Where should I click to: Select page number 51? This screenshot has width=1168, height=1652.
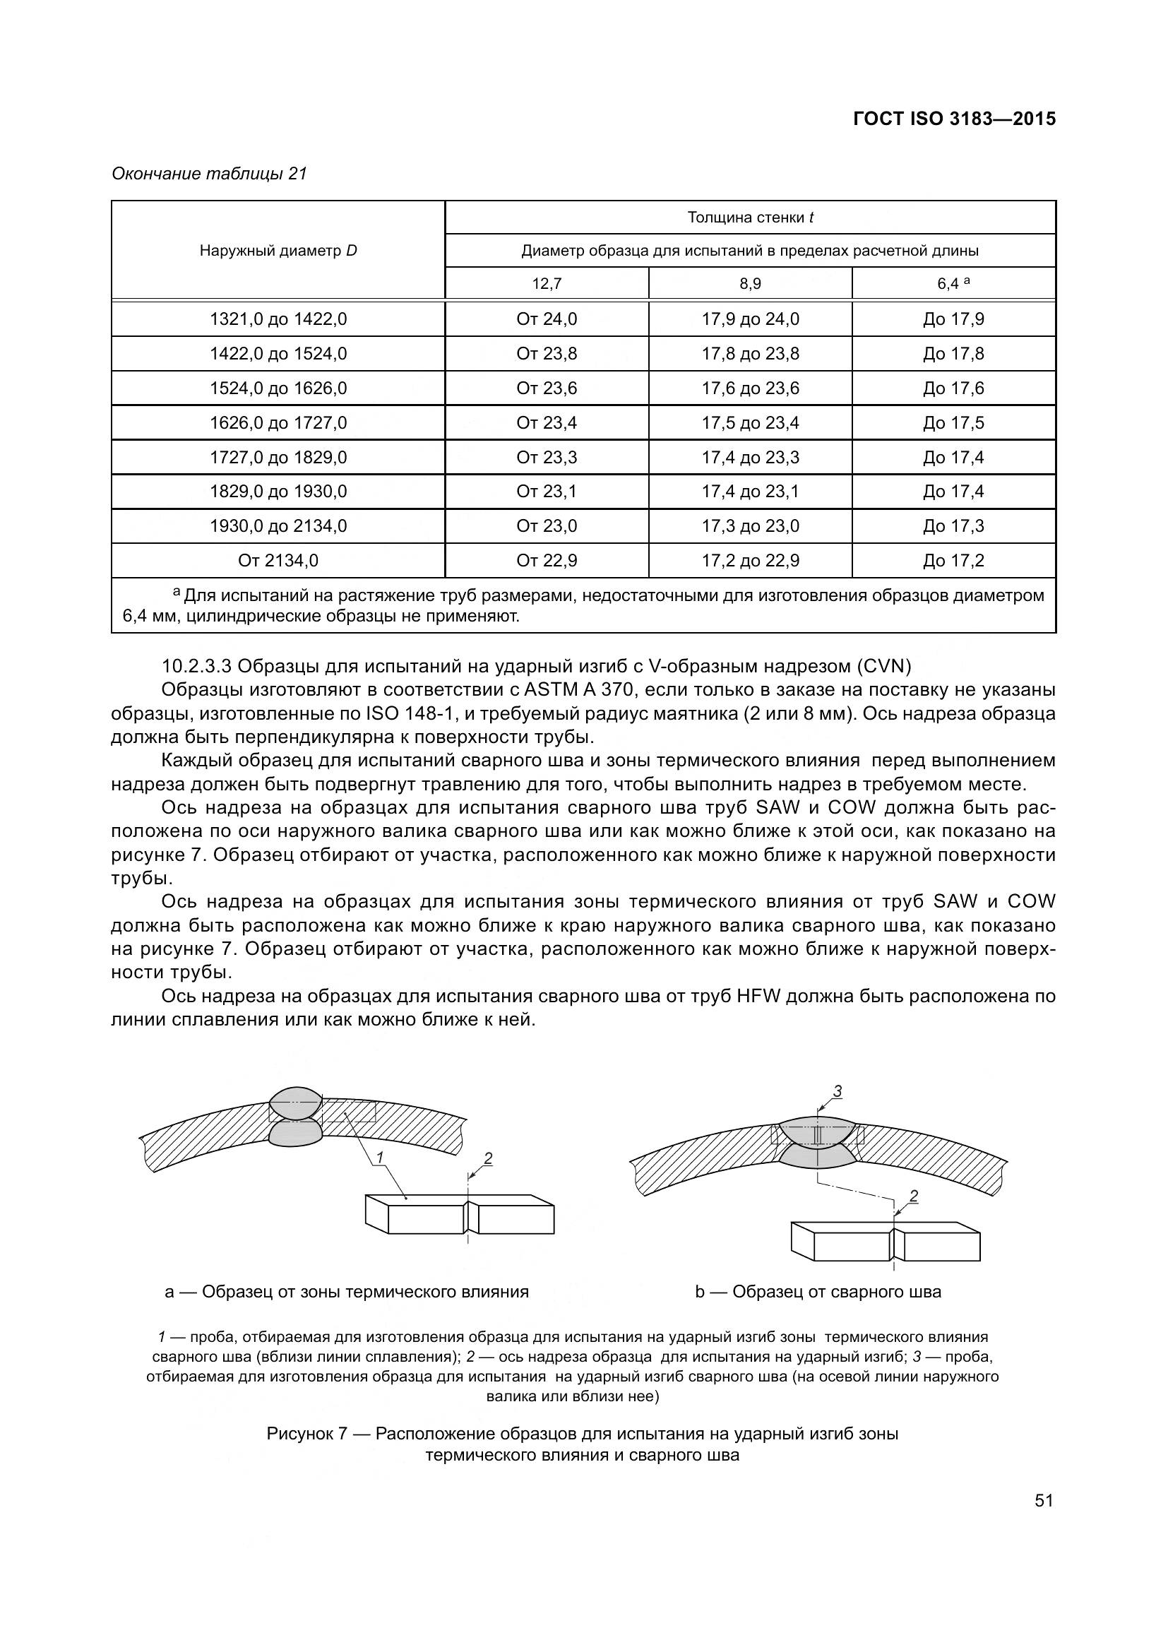(x=1044, y=1500)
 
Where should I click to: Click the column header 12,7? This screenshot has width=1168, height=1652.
(x=547, y=283)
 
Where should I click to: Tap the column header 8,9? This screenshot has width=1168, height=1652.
(x=750, y=283)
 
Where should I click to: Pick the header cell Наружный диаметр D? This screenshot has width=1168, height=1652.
(x=278, y=251)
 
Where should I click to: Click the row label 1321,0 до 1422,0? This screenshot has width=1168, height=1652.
(x=278, y=319)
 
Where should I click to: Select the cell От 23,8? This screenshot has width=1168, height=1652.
(x=547, y=353)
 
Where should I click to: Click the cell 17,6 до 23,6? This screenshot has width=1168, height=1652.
(x=750, y=388)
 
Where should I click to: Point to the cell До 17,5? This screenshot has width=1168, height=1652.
(x=953, y=422)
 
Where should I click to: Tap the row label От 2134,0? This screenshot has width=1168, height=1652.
(x=278, y=561)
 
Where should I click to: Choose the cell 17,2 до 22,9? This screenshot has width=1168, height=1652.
(x=750, y=561)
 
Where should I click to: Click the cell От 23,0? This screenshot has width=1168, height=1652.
(x=547, y=526)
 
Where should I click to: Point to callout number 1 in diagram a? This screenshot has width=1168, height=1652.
(x=380, y=1157)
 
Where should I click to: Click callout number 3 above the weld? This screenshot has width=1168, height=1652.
(x=838, y=1092)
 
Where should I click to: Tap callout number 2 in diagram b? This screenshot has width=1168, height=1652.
(x=913, y=1196)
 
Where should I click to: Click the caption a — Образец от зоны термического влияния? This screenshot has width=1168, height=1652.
(x=347, y=1292)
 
